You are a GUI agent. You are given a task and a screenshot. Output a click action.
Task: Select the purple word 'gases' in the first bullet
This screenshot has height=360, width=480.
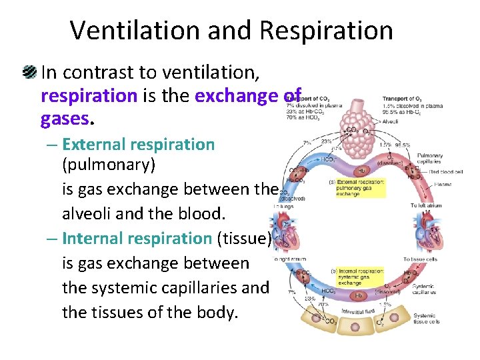(x=65, y=119)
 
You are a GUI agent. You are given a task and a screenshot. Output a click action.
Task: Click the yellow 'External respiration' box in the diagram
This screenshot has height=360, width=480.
(x=361, y=188)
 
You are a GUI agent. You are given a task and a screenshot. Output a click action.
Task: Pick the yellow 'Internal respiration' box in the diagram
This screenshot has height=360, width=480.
(x=359, y=276)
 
